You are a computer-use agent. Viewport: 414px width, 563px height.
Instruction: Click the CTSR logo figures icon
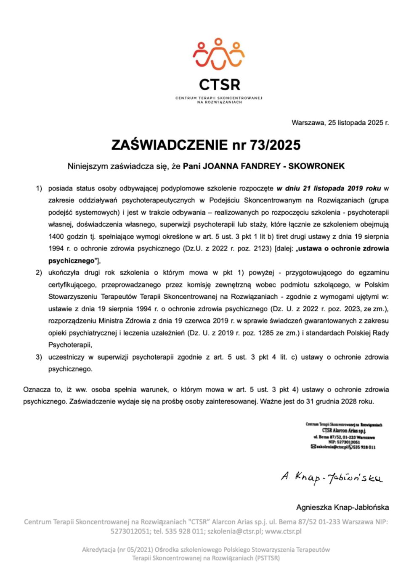point(218,54)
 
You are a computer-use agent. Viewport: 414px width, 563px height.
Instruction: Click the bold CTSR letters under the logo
point(219,84)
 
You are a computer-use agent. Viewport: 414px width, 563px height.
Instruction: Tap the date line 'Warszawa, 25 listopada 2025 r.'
point(340,123)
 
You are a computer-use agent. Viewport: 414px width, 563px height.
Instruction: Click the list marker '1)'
point(39,189)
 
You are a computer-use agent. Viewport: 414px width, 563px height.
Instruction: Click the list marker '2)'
point(39,273)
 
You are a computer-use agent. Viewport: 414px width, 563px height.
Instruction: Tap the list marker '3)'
point(39,357)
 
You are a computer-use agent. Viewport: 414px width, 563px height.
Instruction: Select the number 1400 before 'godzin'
point(56,237)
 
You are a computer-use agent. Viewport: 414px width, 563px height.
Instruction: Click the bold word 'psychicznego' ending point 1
point(71,260)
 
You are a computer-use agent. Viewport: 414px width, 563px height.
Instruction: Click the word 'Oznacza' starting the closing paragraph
point(36,389)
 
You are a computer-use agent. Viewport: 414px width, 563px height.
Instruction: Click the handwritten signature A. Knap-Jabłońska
point(332,478)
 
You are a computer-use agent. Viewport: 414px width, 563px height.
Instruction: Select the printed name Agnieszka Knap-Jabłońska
point(342,507)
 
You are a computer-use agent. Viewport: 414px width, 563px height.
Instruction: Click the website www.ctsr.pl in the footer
point(283,531)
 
